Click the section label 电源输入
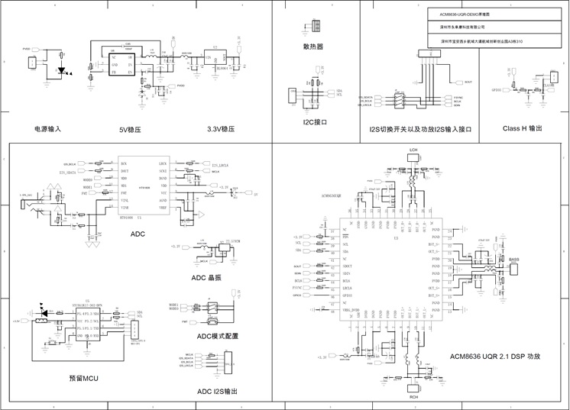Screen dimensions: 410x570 47,129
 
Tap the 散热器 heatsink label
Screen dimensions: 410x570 313,47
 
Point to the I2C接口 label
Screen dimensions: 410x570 315,121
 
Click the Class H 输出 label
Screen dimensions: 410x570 523,128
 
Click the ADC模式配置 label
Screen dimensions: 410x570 217,336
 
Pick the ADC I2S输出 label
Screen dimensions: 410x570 217,391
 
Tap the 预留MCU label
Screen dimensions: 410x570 83,377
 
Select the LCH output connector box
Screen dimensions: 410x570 413,157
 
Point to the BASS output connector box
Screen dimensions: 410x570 514,266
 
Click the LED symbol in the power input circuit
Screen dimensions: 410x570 61,70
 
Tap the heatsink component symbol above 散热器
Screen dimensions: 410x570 313,28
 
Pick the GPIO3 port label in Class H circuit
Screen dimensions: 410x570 497,89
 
